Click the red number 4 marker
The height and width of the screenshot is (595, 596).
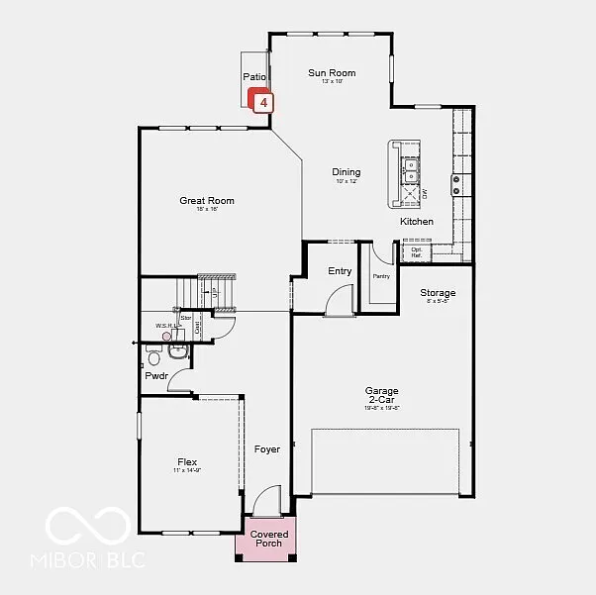click(262, 101)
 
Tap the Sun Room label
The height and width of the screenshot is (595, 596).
click(331, 72)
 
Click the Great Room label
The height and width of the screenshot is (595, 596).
click(206, 201)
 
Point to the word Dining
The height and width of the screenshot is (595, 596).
click(346, 172)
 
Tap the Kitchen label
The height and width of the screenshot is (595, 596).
click(417, 222)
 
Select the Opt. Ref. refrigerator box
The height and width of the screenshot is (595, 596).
click(416, 251)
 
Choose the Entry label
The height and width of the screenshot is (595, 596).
click(340, 271)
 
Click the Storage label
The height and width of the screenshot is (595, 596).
click(438, 293)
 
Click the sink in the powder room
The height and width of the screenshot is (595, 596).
click(178, 349)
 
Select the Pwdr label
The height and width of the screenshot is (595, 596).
click(155, 376)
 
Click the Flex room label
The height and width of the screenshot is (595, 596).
click(187, 462)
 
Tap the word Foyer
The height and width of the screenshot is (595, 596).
click(266, 449)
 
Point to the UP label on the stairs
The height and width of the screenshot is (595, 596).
click(215, 294)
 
